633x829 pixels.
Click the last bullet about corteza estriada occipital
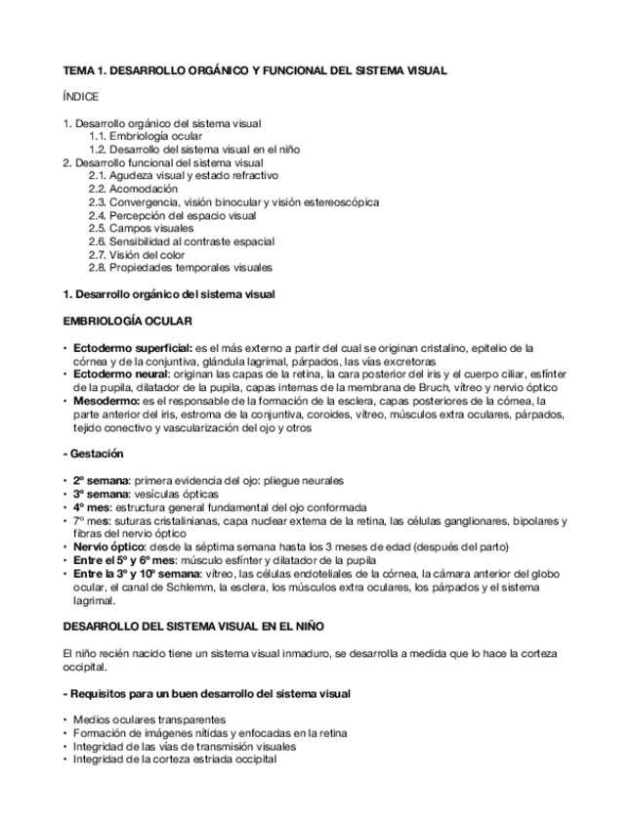coord(175,759)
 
